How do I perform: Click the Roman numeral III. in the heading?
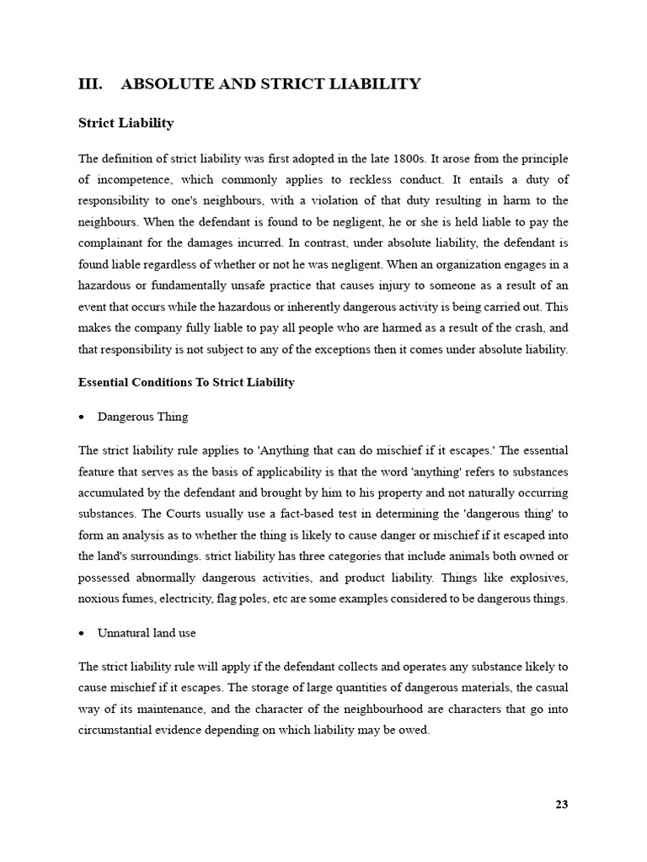[x=90, y=83]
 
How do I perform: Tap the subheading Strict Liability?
[x=126, y=123]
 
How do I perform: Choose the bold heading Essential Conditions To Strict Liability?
[x=186, y=382]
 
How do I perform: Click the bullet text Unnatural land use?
[x=147, y=632]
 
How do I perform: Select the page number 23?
[x=561, y=804]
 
